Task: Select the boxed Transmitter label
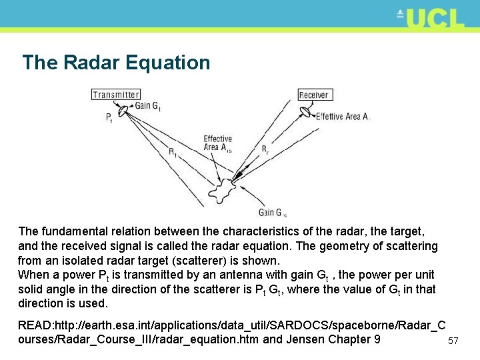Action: (x=116, y=95)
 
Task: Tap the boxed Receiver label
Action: (x=313, y=95)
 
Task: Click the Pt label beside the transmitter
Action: (x=109, y=118)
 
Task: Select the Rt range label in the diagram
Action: (x=172, y=152)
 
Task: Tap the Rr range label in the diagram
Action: (x=265, y=149)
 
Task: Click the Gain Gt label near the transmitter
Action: (x=148, y=105)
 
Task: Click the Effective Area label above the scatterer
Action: (x=218, y=143)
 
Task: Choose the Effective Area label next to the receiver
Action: (x=343, y=117)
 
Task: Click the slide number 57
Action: (x=453, y=341)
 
